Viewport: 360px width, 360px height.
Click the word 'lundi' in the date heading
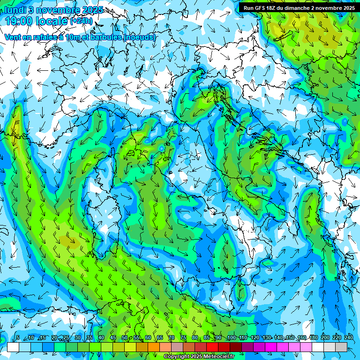pyautogui.click(x=15, y=9)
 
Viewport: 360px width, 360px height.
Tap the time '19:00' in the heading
pyautogui.click(x=19, y=21)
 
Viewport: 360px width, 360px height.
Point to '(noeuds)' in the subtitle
pyautogui.click(x=139, y=37)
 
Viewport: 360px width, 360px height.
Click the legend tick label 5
pyautogui.click(x=18, y=338)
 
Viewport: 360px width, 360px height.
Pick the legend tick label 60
pyautogui.click(x=148, y=338)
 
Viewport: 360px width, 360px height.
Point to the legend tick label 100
pyautogui.click(x=232, y=338)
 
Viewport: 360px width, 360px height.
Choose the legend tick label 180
pyautogui.click(x=313, y=338)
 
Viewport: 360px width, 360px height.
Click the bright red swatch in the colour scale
pyautogui.click(x=212, y=347)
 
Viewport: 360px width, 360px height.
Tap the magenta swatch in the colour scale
pyautogui.click(x=271, y=347)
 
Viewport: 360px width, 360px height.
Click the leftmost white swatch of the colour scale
pyautogui.click(x=13, y=347)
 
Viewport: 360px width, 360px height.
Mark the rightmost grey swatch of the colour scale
pyautogui.click(x=341, y=347)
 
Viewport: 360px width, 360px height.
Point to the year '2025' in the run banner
pyautogui.click(x=347, y=7)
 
